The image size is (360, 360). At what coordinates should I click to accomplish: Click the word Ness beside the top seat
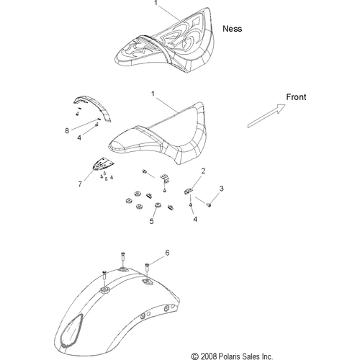pyautogui.click(x=232, y=29)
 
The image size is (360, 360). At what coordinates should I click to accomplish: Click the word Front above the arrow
pyautogui.click(x=296, y=97)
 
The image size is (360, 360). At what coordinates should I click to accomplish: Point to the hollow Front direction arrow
pyautogui.click(x=266, y=116)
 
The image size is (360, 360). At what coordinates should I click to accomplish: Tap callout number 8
pyautogui.click(x=67, y=130)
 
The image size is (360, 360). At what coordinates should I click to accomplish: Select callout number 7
pyautogui.click(x=80, y=184)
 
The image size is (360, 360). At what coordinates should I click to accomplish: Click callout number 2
pyautogui.click(x=203, y=171)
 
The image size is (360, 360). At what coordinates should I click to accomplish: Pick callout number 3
pyautogui.click(x=221, y=189)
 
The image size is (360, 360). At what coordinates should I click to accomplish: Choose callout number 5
pyautogui.click(x=151, y=221)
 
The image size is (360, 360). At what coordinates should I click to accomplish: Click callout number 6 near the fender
pyautogui.click(x=167, y=253)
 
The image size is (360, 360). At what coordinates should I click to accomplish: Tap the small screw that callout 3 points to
pyautogui.click(x=209, y=205)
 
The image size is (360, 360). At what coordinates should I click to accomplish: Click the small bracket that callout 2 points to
pyautogui.click(x=188, y=192)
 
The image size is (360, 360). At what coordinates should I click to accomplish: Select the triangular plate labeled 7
pyautogui.click(x=103, y=164)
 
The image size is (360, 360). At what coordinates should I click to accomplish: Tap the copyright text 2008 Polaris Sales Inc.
pyautogui.click(x=232, y=356)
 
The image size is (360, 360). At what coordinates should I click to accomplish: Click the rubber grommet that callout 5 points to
pyautogui.click(x=158, y=206)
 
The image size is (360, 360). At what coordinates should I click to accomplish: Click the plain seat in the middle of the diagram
pyautogui.click(x=157, y=133)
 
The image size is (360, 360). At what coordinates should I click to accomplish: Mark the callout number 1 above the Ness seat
pyautogui.click(x=156, y=3)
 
